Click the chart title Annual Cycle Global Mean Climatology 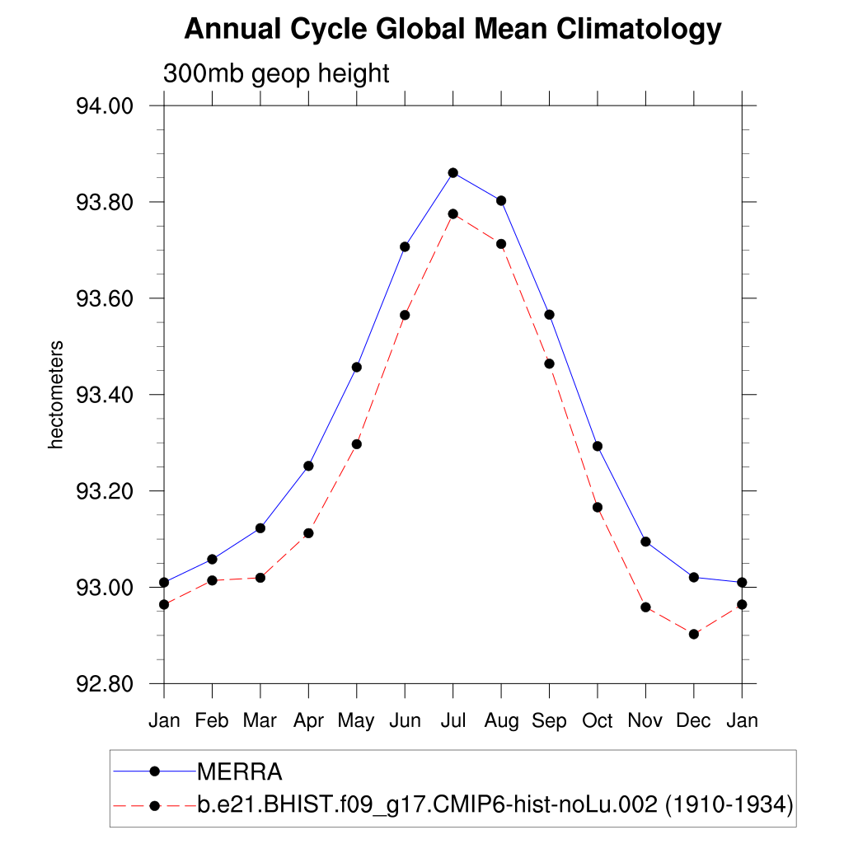[x=452, y=30]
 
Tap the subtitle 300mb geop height [x=275, y=73]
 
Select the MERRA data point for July [x=452, y=172]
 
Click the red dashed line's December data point [x=693, y=634]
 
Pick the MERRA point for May [x=356, y=367]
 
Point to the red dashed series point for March [x=260, y=577]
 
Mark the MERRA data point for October [x=598, y=446]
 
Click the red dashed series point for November [x=645, y=607]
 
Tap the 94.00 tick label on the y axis [x=105, y=106]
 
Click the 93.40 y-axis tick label [x=105, y=395]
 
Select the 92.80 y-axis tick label [x=105, y=684]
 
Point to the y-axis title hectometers [x=56, y=396]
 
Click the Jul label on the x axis [x=452, y=721]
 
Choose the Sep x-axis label [x=549, y=721]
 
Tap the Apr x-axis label [x=308, y=721]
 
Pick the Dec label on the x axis [x=693, y=721]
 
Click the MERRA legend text [x=240, y=772]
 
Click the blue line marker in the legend [x=154, y=771]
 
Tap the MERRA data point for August [x=500, y=200]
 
